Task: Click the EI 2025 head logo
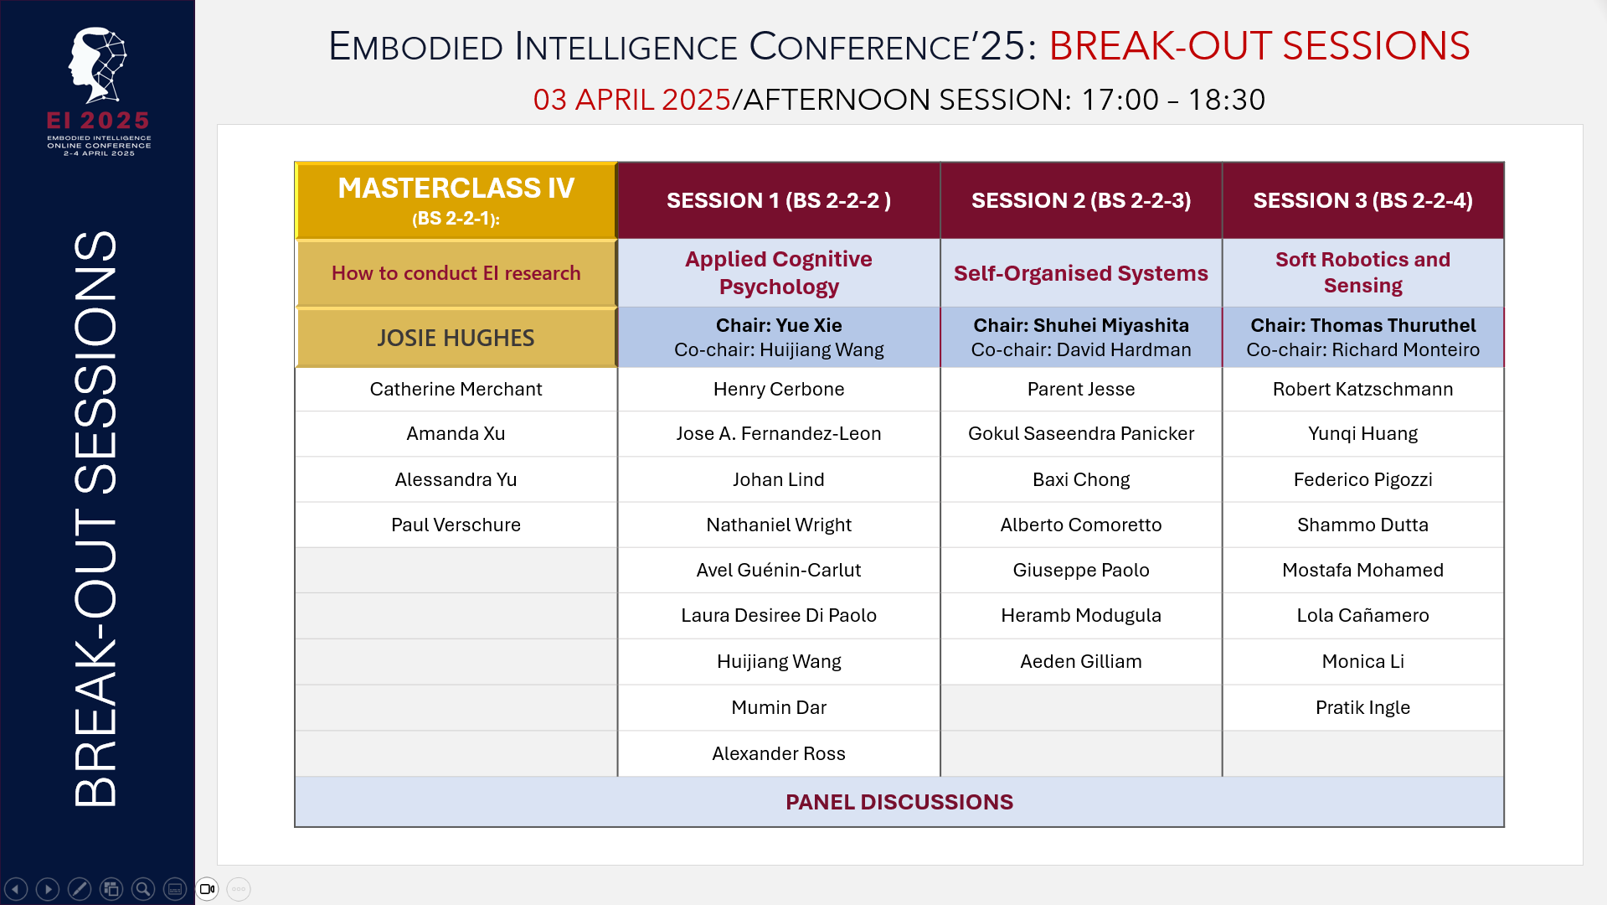click(98, 65)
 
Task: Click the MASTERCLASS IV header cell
click(456, 200)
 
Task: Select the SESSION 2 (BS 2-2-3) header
click(1080, 200)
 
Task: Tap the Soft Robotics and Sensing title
click(1362, 272)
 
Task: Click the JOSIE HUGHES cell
click(456, 338)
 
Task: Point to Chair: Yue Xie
click(778, 325)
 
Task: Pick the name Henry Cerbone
click(778, 389)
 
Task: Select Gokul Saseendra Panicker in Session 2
click(1080, 433)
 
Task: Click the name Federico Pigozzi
click(1362, 479)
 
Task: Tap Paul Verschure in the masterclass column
click(456, 525)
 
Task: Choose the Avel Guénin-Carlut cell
click(778, 570)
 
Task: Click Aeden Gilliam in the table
click(1080, 661)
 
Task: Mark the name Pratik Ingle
click(1362, 707)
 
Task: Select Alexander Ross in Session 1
click(778, 753)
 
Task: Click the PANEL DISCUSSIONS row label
click(899, 802)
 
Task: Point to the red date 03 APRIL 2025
click(632, 100)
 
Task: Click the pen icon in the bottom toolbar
click(80, 889)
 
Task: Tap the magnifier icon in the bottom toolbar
click(143, 889)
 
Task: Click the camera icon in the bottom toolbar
click(207, 889)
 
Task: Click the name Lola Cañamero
click(1362, 615)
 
